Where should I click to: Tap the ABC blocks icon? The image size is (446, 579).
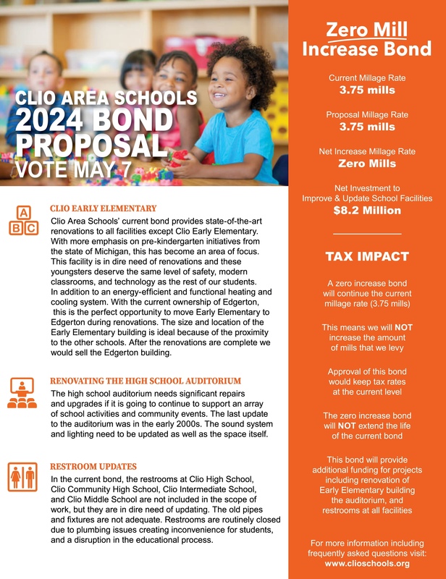[22, 221]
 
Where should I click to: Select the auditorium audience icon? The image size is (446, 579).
[22, 393]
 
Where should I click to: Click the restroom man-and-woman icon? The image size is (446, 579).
[22, 478]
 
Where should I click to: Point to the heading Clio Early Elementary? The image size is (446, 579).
[103, 208]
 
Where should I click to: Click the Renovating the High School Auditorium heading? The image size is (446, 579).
[145, 381]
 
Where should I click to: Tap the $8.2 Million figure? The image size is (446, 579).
[366, 211]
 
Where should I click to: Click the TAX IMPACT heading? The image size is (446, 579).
[366, 256]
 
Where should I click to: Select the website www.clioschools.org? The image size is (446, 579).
[367, 563]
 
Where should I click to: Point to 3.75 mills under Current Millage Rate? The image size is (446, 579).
[366, 90]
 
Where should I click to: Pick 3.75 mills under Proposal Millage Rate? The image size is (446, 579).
[366, 127]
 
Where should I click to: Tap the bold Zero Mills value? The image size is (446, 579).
[366, 164]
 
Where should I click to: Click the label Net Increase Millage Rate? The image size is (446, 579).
[366, 151]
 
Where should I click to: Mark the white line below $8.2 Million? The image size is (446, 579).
[366, 234]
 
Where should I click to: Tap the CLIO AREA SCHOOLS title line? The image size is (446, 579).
[106, 98]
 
